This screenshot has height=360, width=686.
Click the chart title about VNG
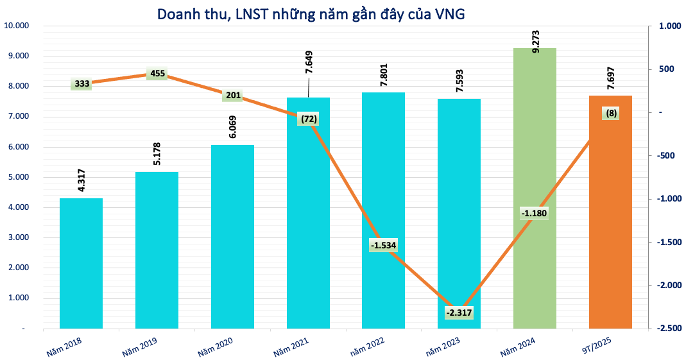pyautogui.click(x=307, y=13)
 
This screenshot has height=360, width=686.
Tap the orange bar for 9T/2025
pyautogui.click(x=610, y=212)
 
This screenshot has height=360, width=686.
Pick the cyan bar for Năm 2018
pyautogui.click(x=81, y=263)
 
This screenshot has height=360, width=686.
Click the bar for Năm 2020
pyautogui.click(x=232, y=237)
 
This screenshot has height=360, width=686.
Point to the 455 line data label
pyautogui.click(x=157, y=74)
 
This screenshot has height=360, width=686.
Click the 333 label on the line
pyautogui.click(x=81, y=83)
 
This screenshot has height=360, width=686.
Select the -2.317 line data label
pyautogui.click(x=459, y=313)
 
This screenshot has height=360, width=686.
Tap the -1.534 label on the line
pyautogui.click(x=384, y=245)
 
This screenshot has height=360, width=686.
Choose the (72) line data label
pyautogui.click(x=308, y=119)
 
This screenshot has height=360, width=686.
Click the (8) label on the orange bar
pyautogui.click(x=611, y=114)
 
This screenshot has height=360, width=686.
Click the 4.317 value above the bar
pyautogui.click(x=81, y=179)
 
